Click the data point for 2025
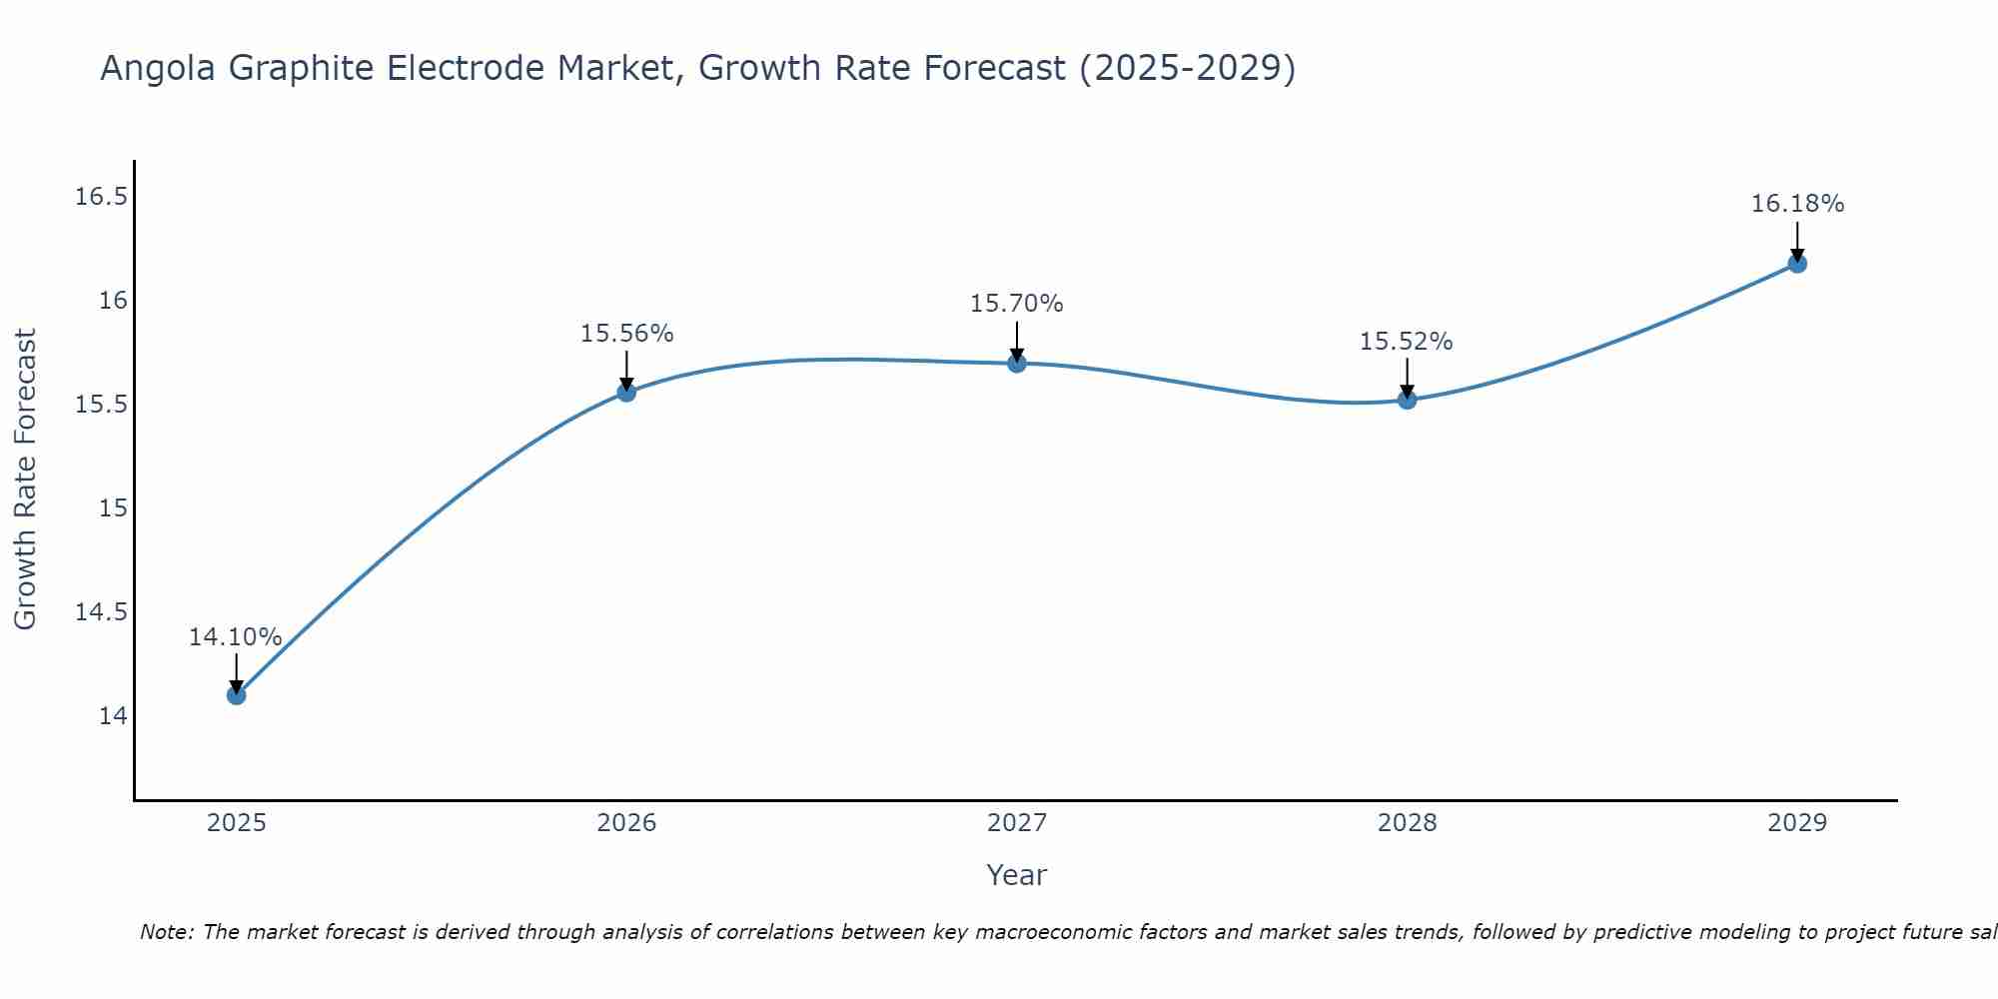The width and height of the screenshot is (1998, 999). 236,694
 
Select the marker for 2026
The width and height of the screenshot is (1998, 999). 626,392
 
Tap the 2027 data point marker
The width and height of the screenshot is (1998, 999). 1017,363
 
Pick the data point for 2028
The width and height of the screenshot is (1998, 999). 1407,400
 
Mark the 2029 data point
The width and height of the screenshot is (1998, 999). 1797,264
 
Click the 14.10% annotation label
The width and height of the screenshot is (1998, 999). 236,637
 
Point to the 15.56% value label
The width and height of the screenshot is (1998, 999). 626,334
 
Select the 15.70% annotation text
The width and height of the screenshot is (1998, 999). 1017,304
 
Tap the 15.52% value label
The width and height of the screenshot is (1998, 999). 1407,342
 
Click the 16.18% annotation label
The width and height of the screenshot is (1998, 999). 1797,204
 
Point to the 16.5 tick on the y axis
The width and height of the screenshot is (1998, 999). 101,197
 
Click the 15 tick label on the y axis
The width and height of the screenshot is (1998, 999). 113,508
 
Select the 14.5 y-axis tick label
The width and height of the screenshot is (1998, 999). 101,612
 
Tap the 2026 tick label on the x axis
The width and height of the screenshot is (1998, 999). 626,823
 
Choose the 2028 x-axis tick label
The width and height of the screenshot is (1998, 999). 1407,823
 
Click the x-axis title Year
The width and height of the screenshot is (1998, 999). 1017,875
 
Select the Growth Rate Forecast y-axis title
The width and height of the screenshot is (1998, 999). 26,480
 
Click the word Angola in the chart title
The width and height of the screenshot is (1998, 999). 159,69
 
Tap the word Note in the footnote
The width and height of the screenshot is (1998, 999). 167,932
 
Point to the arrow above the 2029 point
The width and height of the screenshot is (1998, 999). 1797,240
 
